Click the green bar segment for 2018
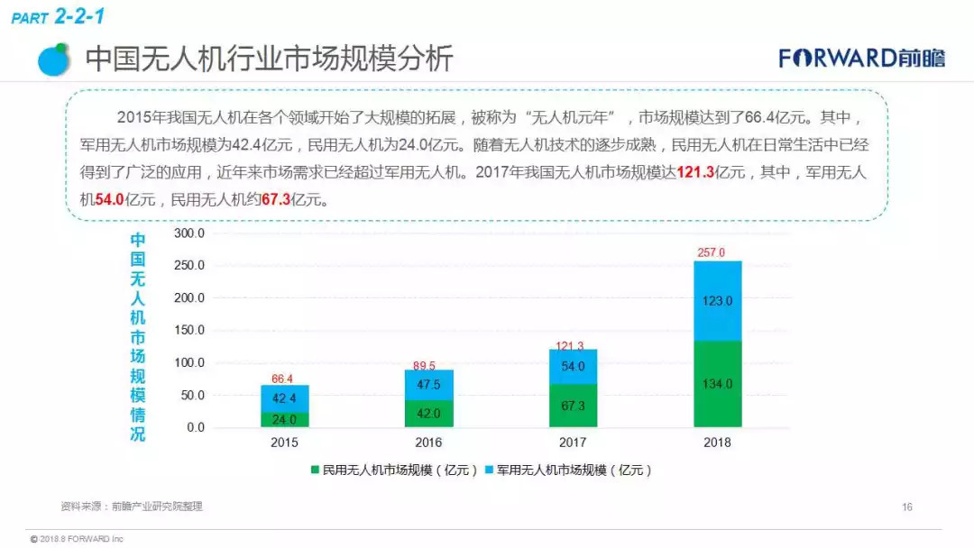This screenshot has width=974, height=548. [717, 384]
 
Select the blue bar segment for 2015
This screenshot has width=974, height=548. [284, 398]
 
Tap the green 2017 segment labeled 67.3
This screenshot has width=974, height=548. [573, 406]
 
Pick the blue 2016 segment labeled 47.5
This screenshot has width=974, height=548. [428, 385]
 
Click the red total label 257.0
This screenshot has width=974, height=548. [711, 252]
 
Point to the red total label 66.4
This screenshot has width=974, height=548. [282, 379]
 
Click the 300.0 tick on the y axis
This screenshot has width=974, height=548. [189, 233]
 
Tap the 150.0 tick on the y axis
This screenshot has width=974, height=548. [189, 330]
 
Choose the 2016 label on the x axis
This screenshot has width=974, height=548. [428, 443]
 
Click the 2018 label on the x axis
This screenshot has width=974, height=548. [717, 443]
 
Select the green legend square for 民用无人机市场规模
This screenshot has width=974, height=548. [316, 470]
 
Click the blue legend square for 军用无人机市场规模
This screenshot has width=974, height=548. [490, 470]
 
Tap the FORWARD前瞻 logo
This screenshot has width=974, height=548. [862, 59]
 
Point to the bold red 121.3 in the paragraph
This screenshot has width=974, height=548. [694, 173]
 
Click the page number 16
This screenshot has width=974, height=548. [907, 507]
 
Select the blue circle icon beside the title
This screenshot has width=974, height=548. [54, 59]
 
